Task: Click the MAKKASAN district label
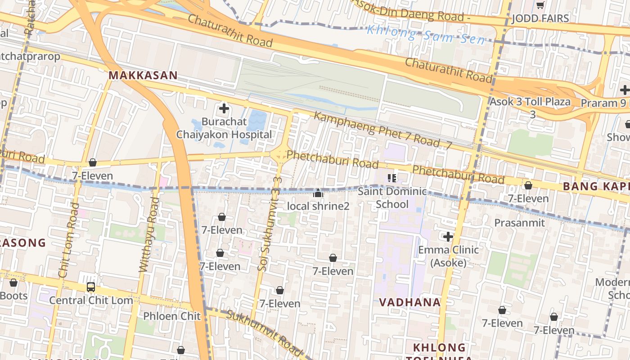pyautogui.click(x=143, y=75)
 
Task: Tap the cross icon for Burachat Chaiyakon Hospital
pyautogui.click(x=224, y=108)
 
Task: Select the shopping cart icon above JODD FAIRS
pyautogui.click(x=540, y=5)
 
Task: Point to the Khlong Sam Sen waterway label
pyautogui.click(x=426, y=35)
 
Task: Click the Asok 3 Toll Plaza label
pyautogui.click(x=530, y=102)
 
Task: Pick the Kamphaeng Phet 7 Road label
pyautogui.click(x=382, y=130)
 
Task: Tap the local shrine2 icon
pyautogui.click(x=318, y=193)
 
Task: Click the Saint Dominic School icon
pyautogui.click(x=392, y=178)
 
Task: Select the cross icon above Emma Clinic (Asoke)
pyautogui.click(x=448, y=236)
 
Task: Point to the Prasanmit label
pyautogui.click(x=519, y=223)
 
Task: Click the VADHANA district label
pyautogui.click(x=409, y=302)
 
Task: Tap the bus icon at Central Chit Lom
pyautogui.click(x=91, y=287)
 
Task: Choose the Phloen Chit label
pyautogui.click(x=171, y=316)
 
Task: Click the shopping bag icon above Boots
pyautogui.click(x=13, y=283)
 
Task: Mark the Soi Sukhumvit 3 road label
pyautogui.click(x=269, y=229)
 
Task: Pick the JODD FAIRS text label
pyautogui.click(x=540, y=18)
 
